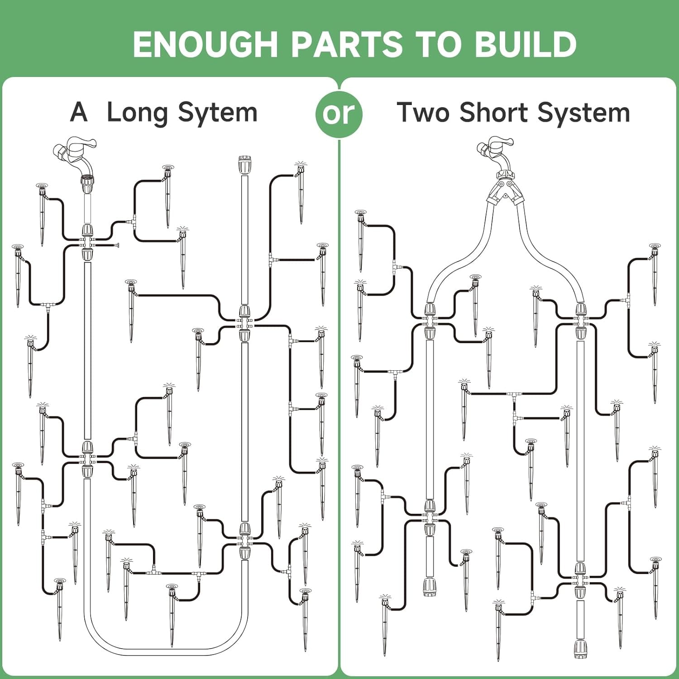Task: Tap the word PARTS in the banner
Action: [x=346, y=44]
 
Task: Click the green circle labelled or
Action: [x=339, y=114]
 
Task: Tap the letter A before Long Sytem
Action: [x=79, y=112]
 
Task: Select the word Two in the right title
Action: [x=424, y=112]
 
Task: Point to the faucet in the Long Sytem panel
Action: [x=75, y=156]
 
